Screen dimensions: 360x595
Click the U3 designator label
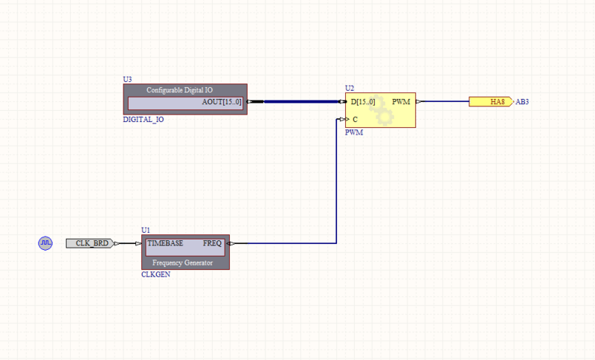[x=127, y=79]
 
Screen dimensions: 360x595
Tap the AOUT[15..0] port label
[x=222, y=102]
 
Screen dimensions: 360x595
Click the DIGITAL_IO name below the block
[x=144, y=119]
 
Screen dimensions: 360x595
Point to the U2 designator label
[x=350, y=89]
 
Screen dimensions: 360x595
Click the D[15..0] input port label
[x=368, y=101]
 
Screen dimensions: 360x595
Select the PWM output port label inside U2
[x=401, y=101]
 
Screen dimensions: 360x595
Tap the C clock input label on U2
[x=355, y=119]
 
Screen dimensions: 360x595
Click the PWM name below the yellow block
[x=354, y=132]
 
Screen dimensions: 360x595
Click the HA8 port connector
[x=491, y=101]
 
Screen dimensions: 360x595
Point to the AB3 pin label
[x=522, y=102]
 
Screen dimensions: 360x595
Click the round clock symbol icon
[x=45, y=243]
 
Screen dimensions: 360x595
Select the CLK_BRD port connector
[x=90, y=243]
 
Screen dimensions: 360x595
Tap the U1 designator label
[x=146, y=231]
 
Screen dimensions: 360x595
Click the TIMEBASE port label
[x=164, y=243]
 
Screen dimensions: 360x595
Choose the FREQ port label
[x=212, y=243]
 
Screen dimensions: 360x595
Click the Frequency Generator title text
[x=182, y=263]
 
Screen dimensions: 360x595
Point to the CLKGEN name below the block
[x=155, y=274]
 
